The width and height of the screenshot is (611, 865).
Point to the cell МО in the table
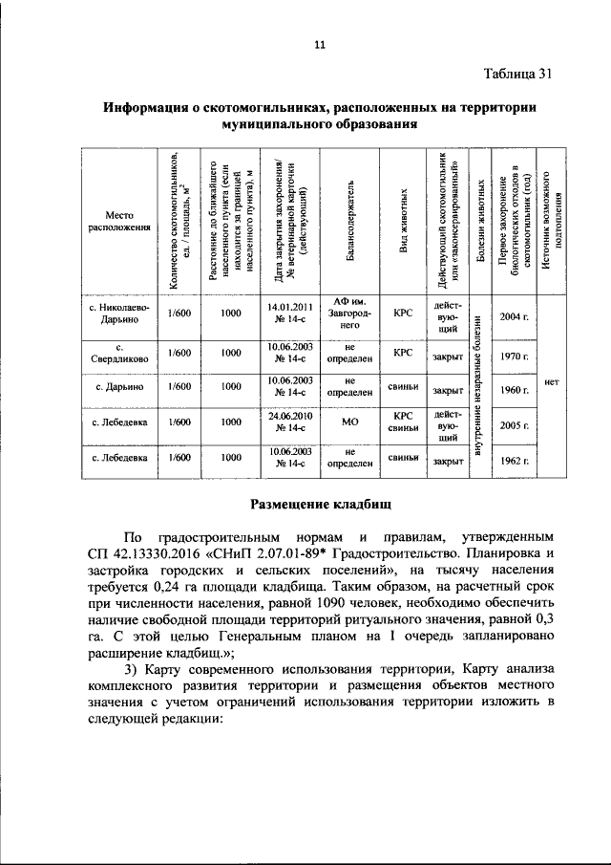350,422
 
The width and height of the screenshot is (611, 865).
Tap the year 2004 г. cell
514,316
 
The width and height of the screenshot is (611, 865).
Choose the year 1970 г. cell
514,357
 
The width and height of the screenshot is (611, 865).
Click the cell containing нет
551,381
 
